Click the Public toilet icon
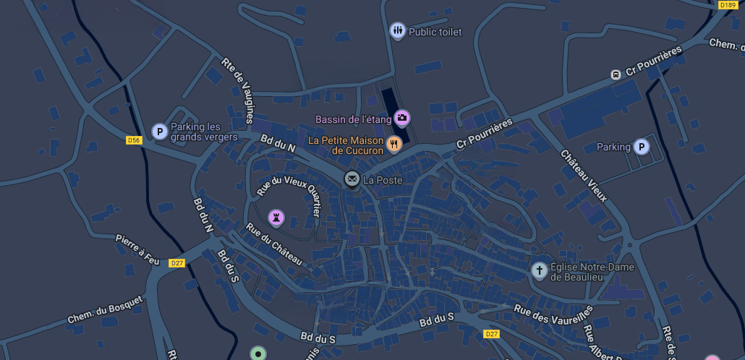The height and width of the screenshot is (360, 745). (x=398, y=31)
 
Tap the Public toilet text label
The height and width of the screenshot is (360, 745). (x=435, y=32)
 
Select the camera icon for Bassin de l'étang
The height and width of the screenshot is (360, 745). (x=402, y=117)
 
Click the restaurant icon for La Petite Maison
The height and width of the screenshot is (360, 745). (x=393, y=143)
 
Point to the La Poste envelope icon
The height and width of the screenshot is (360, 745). (x=352, y=179)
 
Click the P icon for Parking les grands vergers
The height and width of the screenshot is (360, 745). (x=159, y=132)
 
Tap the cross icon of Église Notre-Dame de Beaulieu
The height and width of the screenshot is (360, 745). (x=539, y=271)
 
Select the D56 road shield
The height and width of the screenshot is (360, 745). (x=133, y=140)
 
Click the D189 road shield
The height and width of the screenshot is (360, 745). (x=727, y=5)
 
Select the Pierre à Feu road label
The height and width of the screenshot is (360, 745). (x=137, y=248)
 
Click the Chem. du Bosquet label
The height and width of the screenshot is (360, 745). (x=105, y=309)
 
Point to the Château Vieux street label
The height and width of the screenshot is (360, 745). (x=584, y=176)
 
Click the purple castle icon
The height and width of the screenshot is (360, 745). (x=276, y=217)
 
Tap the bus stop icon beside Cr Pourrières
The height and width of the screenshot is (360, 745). (x=616, y=74)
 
